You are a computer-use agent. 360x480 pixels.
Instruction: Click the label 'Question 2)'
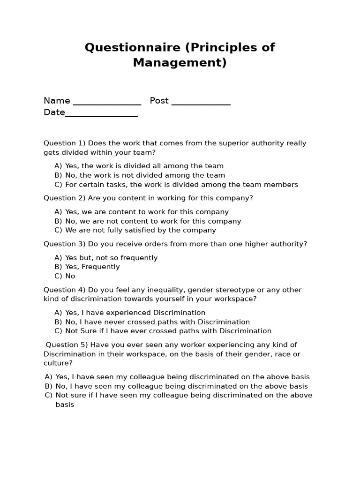coord(65,198)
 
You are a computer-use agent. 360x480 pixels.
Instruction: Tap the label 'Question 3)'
coord(65,244)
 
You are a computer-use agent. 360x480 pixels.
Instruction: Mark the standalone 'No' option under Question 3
coord(70,276)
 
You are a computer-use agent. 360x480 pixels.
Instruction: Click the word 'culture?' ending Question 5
coord(58,363)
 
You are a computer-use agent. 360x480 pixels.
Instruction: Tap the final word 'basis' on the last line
coord(65,405)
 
